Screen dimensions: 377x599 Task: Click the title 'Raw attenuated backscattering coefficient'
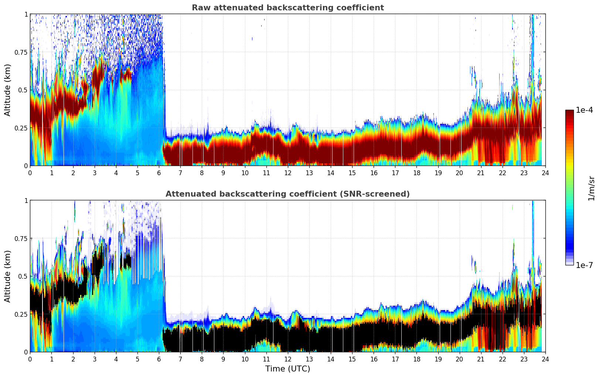287,8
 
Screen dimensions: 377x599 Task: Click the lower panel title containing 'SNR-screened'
287,194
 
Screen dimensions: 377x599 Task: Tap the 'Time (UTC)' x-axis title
287,369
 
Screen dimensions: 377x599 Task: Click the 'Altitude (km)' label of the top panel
8,90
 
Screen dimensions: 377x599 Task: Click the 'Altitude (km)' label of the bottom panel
8,276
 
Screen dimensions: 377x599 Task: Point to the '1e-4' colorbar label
584,110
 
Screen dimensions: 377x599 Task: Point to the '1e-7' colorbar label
584,265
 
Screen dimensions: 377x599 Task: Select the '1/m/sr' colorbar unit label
591,188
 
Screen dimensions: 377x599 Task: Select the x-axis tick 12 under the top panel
288,173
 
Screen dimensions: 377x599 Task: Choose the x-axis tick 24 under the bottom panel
545,359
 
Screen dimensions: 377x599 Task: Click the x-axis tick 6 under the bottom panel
159,359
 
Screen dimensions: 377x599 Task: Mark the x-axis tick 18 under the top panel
416,173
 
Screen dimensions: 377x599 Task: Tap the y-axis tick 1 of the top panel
26,14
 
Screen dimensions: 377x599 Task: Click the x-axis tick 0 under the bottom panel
30,359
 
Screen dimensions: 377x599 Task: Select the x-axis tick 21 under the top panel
481,173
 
